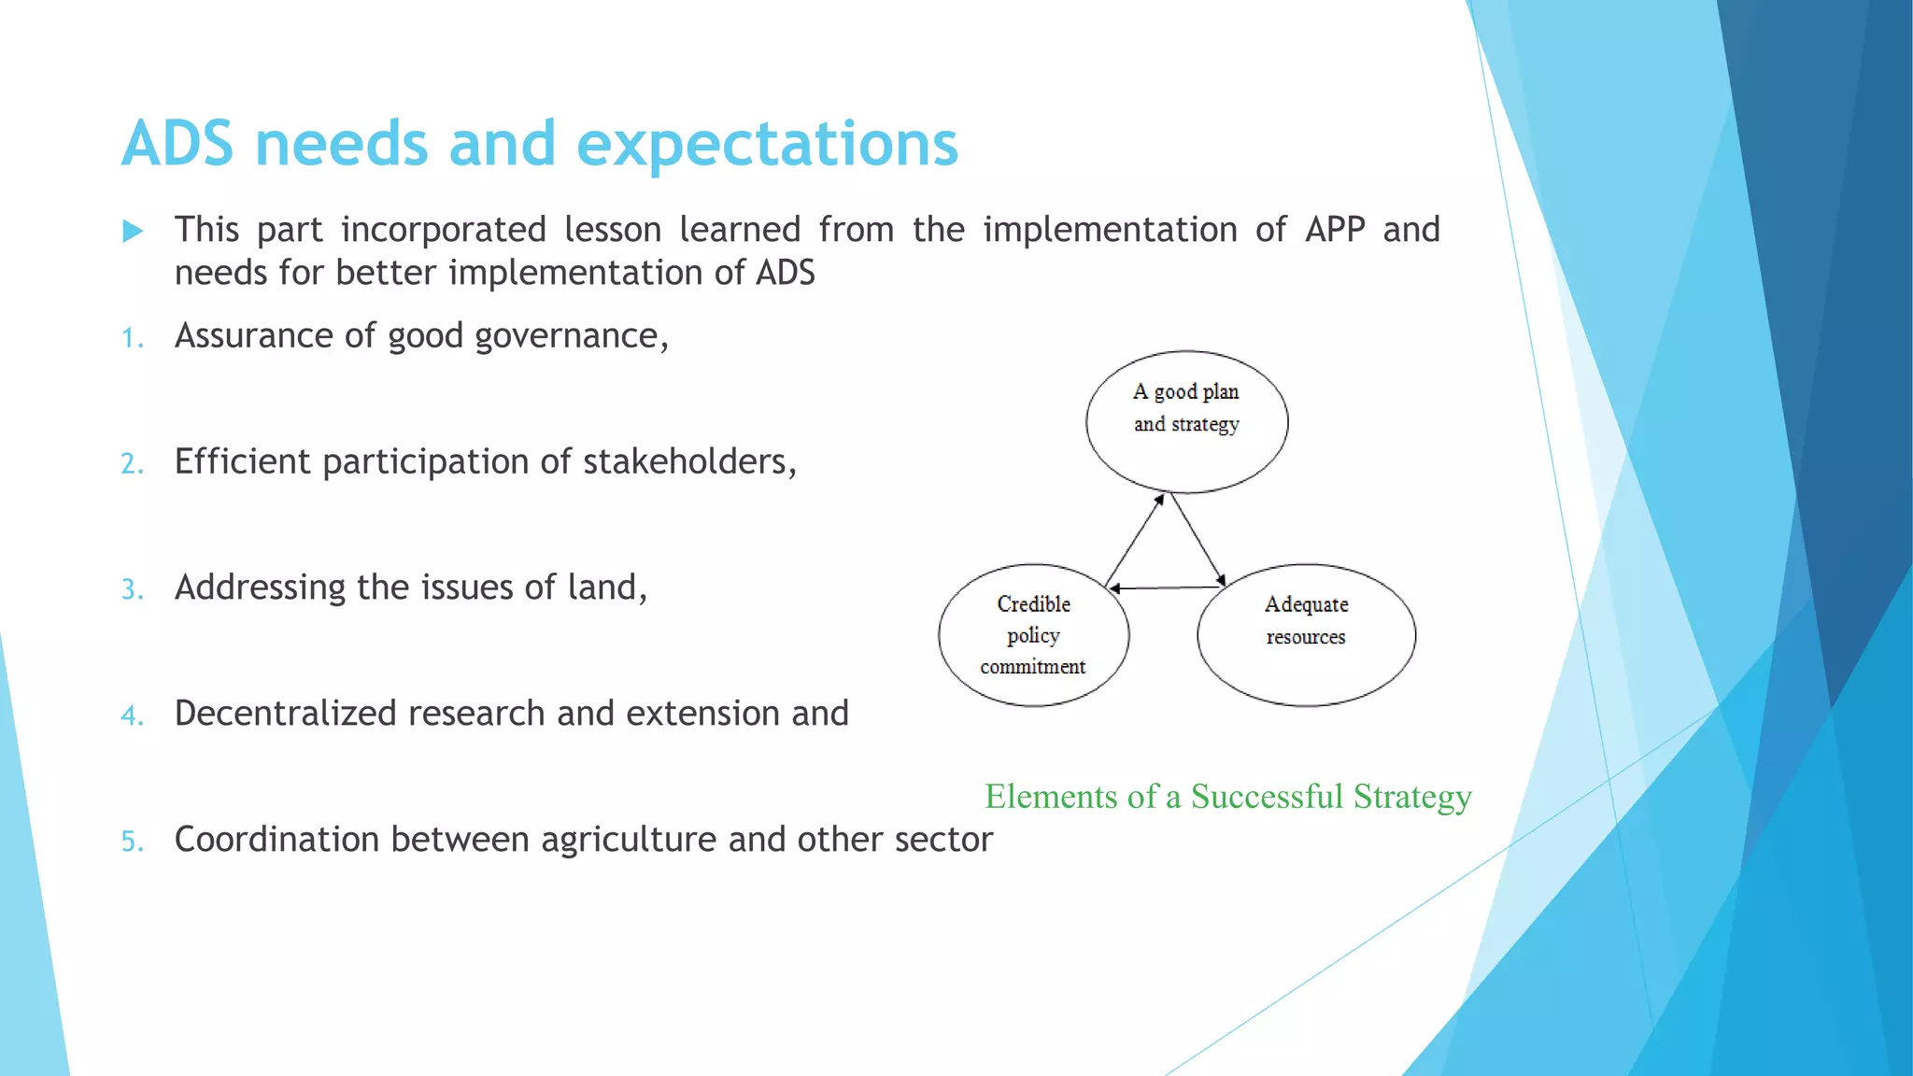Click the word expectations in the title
767,146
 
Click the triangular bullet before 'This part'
134,231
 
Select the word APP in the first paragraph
1335,230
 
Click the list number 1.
132,338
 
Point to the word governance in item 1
570,336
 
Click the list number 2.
132,464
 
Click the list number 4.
132,716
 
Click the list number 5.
132,842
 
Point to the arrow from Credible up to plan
1134,541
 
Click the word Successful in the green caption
1267,797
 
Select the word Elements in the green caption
1051,797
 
